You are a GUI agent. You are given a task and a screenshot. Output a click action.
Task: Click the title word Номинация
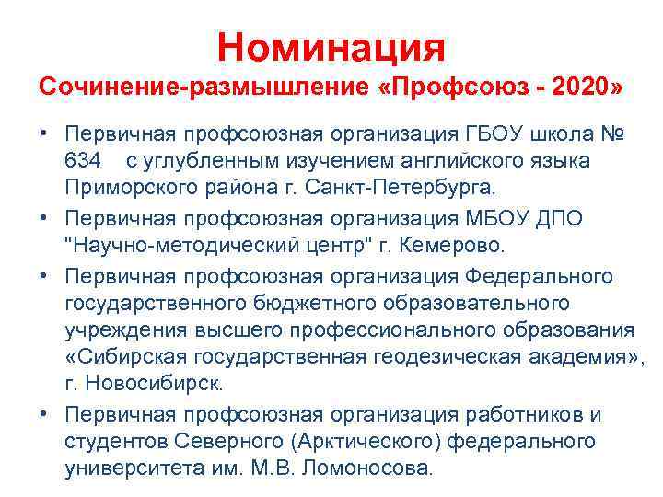click(331, 46)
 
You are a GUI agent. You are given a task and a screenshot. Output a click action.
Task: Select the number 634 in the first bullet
click(83, 161)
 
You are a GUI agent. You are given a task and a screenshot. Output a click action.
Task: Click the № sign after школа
click(611, 135)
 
